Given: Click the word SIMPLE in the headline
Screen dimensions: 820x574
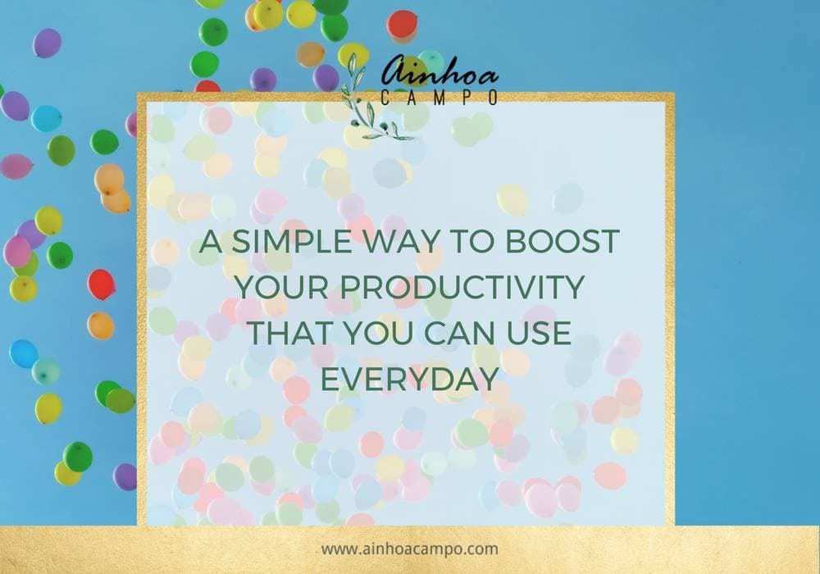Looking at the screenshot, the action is pos(291,242).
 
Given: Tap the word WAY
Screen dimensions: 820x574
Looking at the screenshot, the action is pos(401,242).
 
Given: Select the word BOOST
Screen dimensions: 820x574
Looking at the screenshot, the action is pos(562,242).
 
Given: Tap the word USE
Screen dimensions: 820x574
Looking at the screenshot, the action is pos(539,333).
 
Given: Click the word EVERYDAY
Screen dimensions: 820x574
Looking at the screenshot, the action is pos(409,379).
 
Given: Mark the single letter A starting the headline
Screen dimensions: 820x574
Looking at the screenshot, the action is pos(210,242).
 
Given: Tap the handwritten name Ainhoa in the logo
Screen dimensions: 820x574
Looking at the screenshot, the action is pos(440,71).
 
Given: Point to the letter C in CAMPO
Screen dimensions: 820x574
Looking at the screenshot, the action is pos(385,98).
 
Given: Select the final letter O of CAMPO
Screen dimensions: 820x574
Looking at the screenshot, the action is pos(493,98).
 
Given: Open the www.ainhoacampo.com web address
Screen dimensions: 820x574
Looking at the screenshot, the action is pos(409,549).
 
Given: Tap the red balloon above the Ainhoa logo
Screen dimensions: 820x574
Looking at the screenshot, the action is pos(402,25).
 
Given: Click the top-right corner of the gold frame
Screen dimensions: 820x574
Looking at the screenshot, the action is pos(674,93).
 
